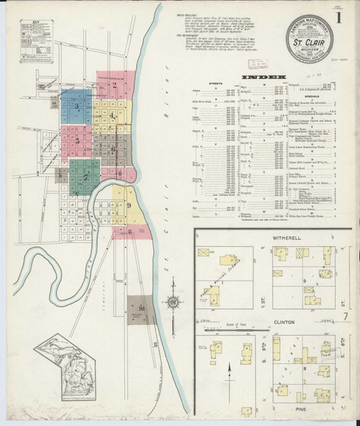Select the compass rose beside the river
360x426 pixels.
(x=173, y=303)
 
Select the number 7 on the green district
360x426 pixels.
(x=85, y=176)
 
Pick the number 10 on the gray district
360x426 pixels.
(x=141, y=308)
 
